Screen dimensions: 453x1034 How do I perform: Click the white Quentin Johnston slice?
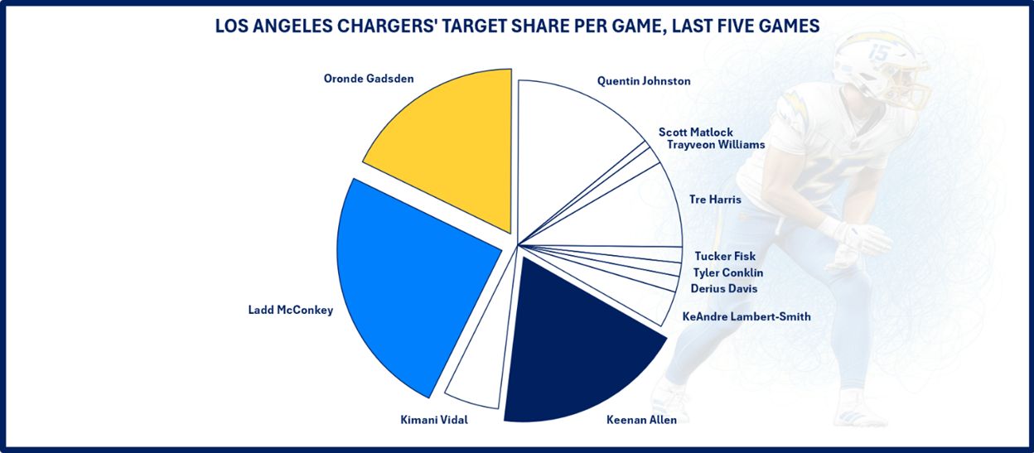(572, 133)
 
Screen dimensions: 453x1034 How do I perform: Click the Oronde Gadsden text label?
(369, 79)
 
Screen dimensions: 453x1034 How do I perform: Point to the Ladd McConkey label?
(290, 311)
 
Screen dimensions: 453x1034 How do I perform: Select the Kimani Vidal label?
(433, 420)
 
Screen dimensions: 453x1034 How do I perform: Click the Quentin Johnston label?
(644, 81)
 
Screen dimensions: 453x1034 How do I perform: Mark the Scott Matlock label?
(695, 132)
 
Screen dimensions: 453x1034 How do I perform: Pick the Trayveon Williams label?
(715, 145)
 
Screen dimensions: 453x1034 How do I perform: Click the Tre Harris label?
(714, 200)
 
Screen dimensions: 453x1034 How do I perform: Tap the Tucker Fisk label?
(724, 256)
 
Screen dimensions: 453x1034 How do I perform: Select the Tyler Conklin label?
(727, 272)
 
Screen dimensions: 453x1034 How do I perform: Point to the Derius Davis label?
(723, 289)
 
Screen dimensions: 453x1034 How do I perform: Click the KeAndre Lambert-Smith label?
(746, 316)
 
